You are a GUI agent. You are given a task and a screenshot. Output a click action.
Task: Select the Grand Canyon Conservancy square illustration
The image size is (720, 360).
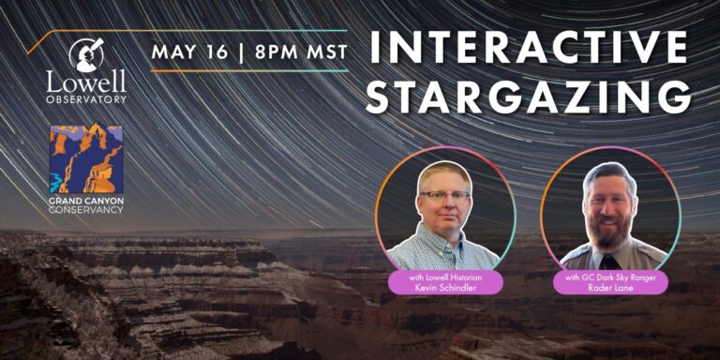tap(85, 158)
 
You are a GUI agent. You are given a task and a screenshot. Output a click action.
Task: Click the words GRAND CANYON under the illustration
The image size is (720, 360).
tap(86, 200)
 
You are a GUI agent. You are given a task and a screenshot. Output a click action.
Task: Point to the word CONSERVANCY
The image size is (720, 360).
tap(86, 209)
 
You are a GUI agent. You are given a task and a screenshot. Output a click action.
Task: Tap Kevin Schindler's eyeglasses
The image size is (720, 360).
tap(444, 196)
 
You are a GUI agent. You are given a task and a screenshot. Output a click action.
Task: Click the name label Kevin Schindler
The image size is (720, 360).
tap(444, 289)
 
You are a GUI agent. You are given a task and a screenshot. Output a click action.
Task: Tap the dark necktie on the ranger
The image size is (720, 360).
tap(610, 262)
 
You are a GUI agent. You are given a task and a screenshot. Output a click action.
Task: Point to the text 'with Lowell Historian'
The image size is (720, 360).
tap(444, 277)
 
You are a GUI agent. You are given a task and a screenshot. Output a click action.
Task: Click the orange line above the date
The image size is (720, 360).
tap(187, 32)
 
